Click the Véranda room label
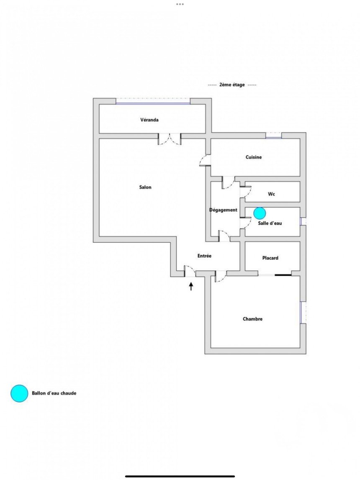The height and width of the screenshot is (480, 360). [149, 120]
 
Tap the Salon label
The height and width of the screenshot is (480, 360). [145, 187]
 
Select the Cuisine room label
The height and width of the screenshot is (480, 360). [254, 157]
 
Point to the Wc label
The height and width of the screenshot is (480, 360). [271, 194]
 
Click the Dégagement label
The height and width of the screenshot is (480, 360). [223, 210]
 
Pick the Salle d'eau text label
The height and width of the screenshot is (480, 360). [270, 223]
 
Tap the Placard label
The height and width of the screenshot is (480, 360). [270, 258]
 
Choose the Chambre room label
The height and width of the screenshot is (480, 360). [252, 318]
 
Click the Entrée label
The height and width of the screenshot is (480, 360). [204, 256]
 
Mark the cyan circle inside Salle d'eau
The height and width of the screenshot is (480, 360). [260, 213]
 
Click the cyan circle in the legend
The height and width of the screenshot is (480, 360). [19, 393]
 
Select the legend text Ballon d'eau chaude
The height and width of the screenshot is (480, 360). [54, 393]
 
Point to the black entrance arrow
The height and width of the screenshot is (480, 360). [191, 286]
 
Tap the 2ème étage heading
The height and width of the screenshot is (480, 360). [232, 85]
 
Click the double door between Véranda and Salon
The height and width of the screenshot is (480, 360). [169, 139]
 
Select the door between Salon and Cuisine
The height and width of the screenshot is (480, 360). [205, 160]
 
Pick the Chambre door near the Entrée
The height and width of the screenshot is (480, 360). [221, 277]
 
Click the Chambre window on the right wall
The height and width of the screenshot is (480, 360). [303, 312]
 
